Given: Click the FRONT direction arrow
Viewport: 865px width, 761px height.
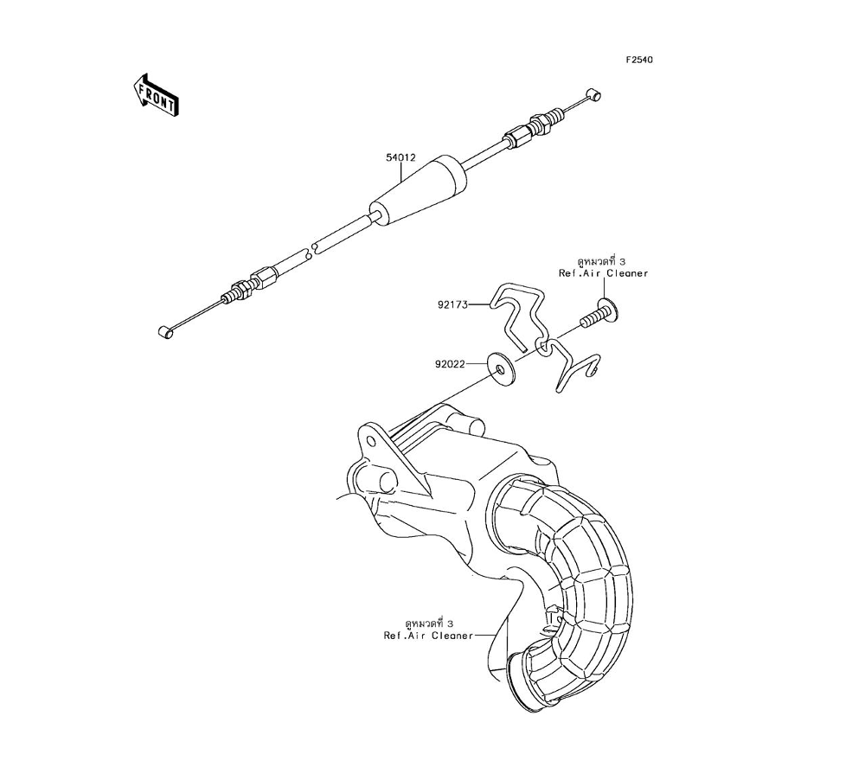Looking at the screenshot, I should point(155,94).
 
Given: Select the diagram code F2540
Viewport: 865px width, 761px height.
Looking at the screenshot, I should point(640,61).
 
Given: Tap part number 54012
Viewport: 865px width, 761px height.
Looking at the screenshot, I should point(401,158).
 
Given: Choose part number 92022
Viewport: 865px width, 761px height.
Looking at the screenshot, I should point(450,364).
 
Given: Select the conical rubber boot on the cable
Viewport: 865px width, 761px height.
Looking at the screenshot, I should point(419,191).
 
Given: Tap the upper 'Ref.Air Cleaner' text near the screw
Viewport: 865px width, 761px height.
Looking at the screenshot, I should point(602,273).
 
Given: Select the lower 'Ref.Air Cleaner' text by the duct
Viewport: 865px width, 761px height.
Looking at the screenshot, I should point(429,636).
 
